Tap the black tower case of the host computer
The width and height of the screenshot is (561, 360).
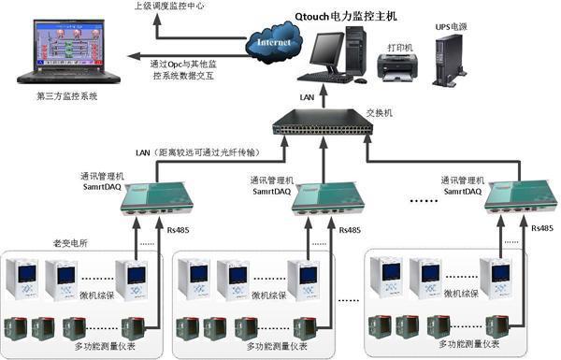(x=356, y=50)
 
